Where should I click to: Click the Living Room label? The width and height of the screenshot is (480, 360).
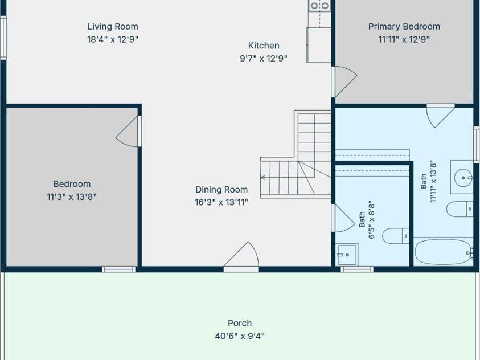113,27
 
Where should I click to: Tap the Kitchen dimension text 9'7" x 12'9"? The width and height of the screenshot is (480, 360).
264,58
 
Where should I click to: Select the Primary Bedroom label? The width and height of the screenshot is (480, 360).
404,27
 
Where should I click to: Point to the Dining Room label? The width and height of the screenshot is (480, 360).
221,190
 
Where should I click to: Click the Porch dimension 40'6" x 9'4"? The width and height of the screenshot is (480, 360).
240,336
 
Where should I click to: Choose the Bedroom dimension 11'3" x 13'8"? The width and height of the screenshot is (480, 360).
72,197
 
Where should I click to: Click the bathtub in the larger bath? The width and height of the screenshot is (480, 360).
443,252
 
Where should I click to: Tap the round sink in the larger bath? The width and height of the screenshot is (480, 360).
463,177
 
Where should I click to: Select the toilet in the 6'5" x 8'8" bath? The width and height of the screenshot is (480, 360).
396,236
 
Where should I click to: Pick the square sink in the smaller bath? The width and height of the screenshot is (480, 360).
347,255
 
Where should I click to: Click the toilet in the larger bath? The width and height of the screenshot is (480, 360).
460,209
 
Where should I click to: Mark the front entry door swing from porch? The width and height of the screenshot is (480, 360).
241,256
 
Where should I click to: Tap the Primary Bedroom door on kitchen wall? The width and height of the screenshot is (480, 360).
344,81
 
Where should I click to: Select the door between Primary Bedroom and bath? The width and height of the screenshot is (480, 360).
440,116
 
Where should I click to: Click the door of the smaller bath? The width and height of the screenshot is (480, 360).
343,218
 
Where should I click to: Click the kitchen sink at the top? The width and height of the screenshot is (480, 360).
319,6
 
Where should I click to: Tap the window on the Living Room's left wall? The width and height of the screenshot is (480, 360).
3,38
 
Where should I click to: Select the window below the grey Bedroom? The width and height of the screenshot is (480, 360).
118,269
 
